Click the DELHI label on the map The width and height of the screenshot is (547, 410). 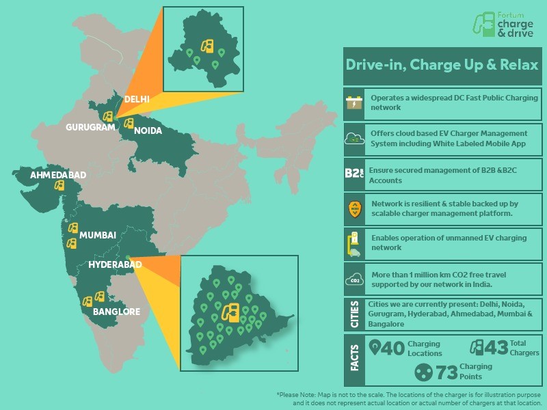tap(136, 100)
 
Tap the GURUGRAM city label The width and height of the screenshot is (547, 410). tap(90, 127)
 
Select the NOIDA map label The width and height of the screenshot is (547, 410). tap(148, 131)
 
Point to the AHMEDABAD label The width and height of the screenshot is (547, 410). tap(58, 176)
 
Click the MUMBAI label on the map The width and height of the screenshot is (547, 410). tap(98, 235)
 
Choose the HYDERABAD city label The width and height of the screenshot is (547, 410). tap(115, 264)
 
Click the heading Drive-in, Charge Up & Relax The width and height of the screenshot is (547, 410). tap(442, 66)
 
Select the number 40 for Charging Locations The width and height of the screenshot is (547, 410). tap(392, 348)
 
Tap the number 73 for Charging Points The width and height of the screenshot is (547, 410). tap(446, 372)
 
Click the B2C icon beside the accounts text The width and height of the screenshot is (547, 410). tap(354, 174)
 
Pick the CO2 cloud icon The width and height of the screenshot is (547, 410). tap(354, 279)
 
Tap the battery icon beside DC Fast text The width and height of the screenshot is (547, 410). tap(354, 102)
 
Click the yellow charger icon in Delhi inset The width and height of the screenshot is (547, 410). tap(206, 46)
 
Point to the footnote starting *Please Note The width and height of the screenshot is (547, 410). tap(409, 399)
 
